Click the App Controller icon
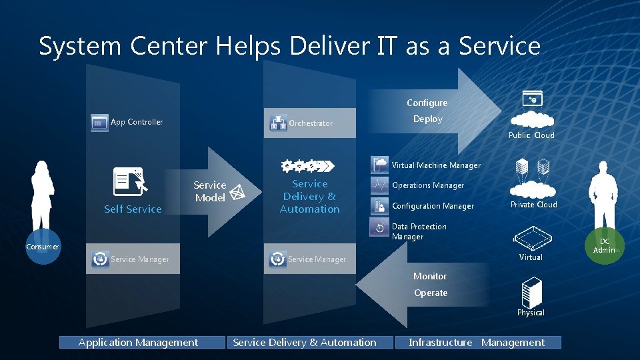pos(99,123)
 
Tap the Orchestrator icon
pos(278,123)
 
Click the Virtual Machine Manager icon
pos(380,165)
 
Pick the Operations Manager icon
pos(380,185)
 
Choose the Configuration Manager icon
pos(380,206)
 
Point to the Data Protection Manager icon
pos(380,227)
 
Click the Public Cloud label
pos(531,135)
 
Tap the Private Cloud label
pos(533,205)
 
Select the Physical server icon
pos(531,293)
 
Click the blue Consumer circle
pos(43,246)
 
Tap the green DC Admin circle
pos(604,245)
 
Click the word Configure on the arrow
pos(427,103)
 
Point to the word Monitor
pos(430,276)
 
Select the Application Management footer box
pos(138,343)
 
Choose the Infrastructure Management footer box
pos(477,343)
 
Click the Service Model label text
pos(210,191)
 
